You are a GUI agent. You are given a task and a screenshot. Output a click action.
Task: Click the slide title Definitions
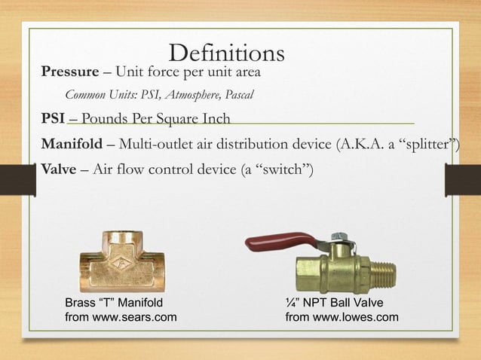tap(227, 53)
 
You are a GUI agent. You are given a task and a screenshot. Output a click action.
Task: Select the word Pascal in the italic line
tap(237, 95)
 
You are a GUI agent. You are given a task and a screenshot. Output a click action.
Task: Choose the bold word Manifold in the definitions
tap(72, 144)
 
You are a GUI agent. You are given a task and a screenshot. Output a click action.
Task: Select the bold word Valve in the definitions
tap(58, 168)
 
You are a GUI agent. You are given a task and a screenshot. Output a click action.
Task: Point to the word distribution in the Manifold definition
tap(256, 144)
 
